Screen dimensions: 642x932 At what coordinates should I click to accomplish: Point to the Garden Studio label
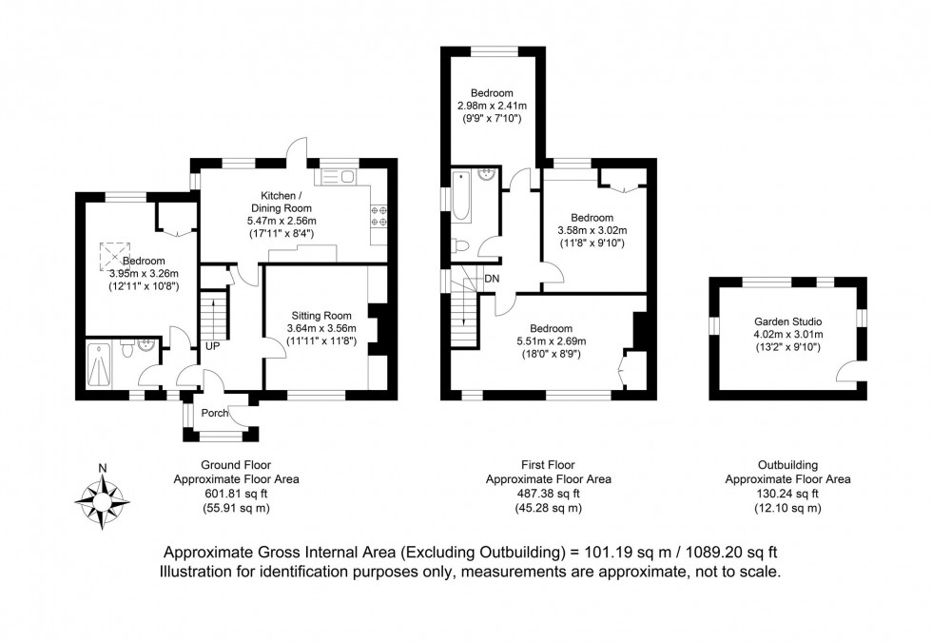788,321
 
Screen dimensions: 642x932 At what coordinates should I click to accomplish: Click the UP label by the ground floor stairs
212,345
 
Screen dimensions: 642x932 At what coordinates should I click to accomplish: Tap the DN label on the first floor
492,279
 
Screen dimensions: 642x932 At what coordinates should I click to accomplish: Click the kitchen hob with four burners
378,216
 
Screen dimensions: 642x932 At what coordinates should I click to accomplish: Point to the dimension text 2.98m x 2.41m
492,106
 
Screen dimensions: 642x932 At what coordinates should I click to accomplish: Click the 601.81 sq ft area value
236,494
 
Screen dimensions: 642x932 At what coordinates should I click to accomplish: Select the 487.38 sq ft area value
549,494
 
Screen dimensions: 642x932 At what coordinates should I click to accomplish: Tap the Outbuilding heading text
787,465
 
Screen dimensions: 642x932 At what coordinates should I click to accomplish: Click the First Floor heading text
549,465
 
